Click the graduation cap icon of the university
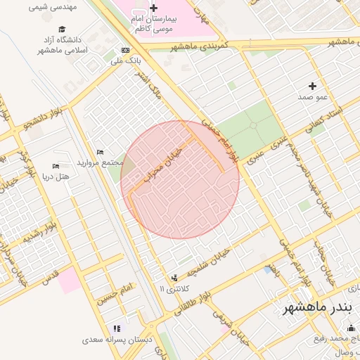(x=63, y=30)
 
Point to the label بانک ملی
(x=127, y=60)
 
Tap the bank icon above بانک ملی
(x=126, y=50)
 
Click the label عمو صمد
(x=311, y=96)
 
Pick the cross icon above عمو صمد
(x=312, y=85)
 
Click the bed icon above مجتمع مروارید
(x=100, y=152)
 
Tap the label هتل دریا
(x=56, y=176)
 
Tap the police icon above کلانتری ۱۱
(x=174, y=278)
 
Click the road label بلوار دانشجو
(x=44, y=120)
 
